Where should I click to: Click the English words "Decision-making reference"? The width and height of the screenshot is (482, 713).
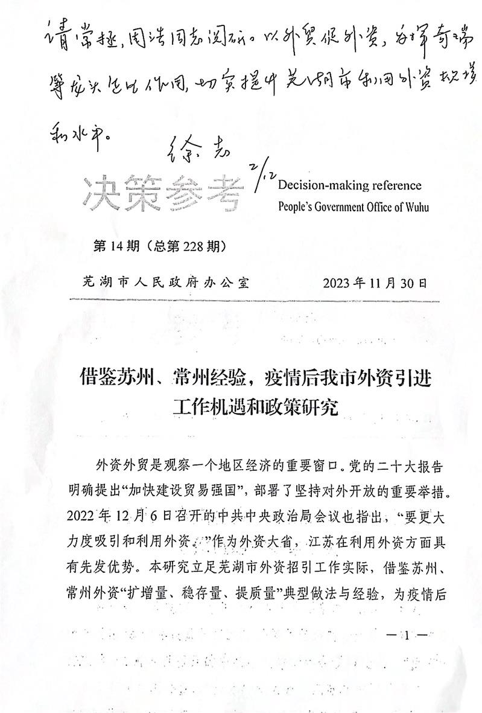tap(350, 185)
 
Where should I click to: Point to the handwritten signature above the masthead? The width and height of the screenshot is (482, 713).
tap(195, 148)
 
